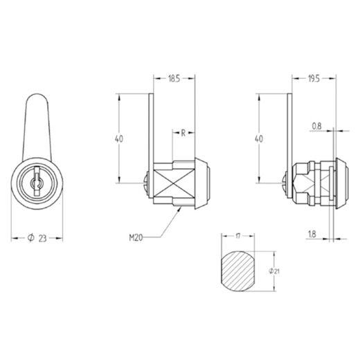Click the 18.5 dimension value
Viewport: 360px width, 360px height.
174,79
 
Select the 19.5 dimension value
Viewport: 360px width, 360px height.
314,79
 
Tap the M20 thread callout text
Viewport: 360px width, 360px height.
136,237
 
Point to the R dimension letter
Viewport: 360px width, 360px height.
183,133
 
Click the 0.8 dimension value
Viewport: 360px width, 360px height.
316,126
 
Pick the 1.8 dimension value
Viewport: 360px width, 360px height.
312,235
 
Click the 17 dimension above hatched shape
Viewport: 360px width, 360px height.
238,236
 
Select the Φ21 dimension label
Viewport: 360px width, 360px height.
274,271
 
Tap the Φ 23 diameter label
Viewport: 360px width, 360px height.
37,237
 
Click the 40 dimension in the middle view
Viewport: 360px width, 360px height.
119,138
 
